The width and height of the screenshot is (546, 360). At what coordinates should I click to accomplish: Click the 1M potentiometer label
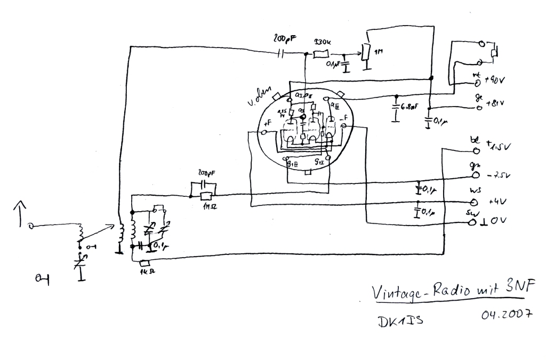[378, 53]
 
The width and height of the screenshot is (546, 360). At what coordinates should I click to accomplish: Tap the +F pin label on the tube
[267, 122]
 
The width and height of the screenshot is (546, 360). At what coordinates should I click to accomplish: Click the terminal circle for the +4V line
[472, 203]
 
